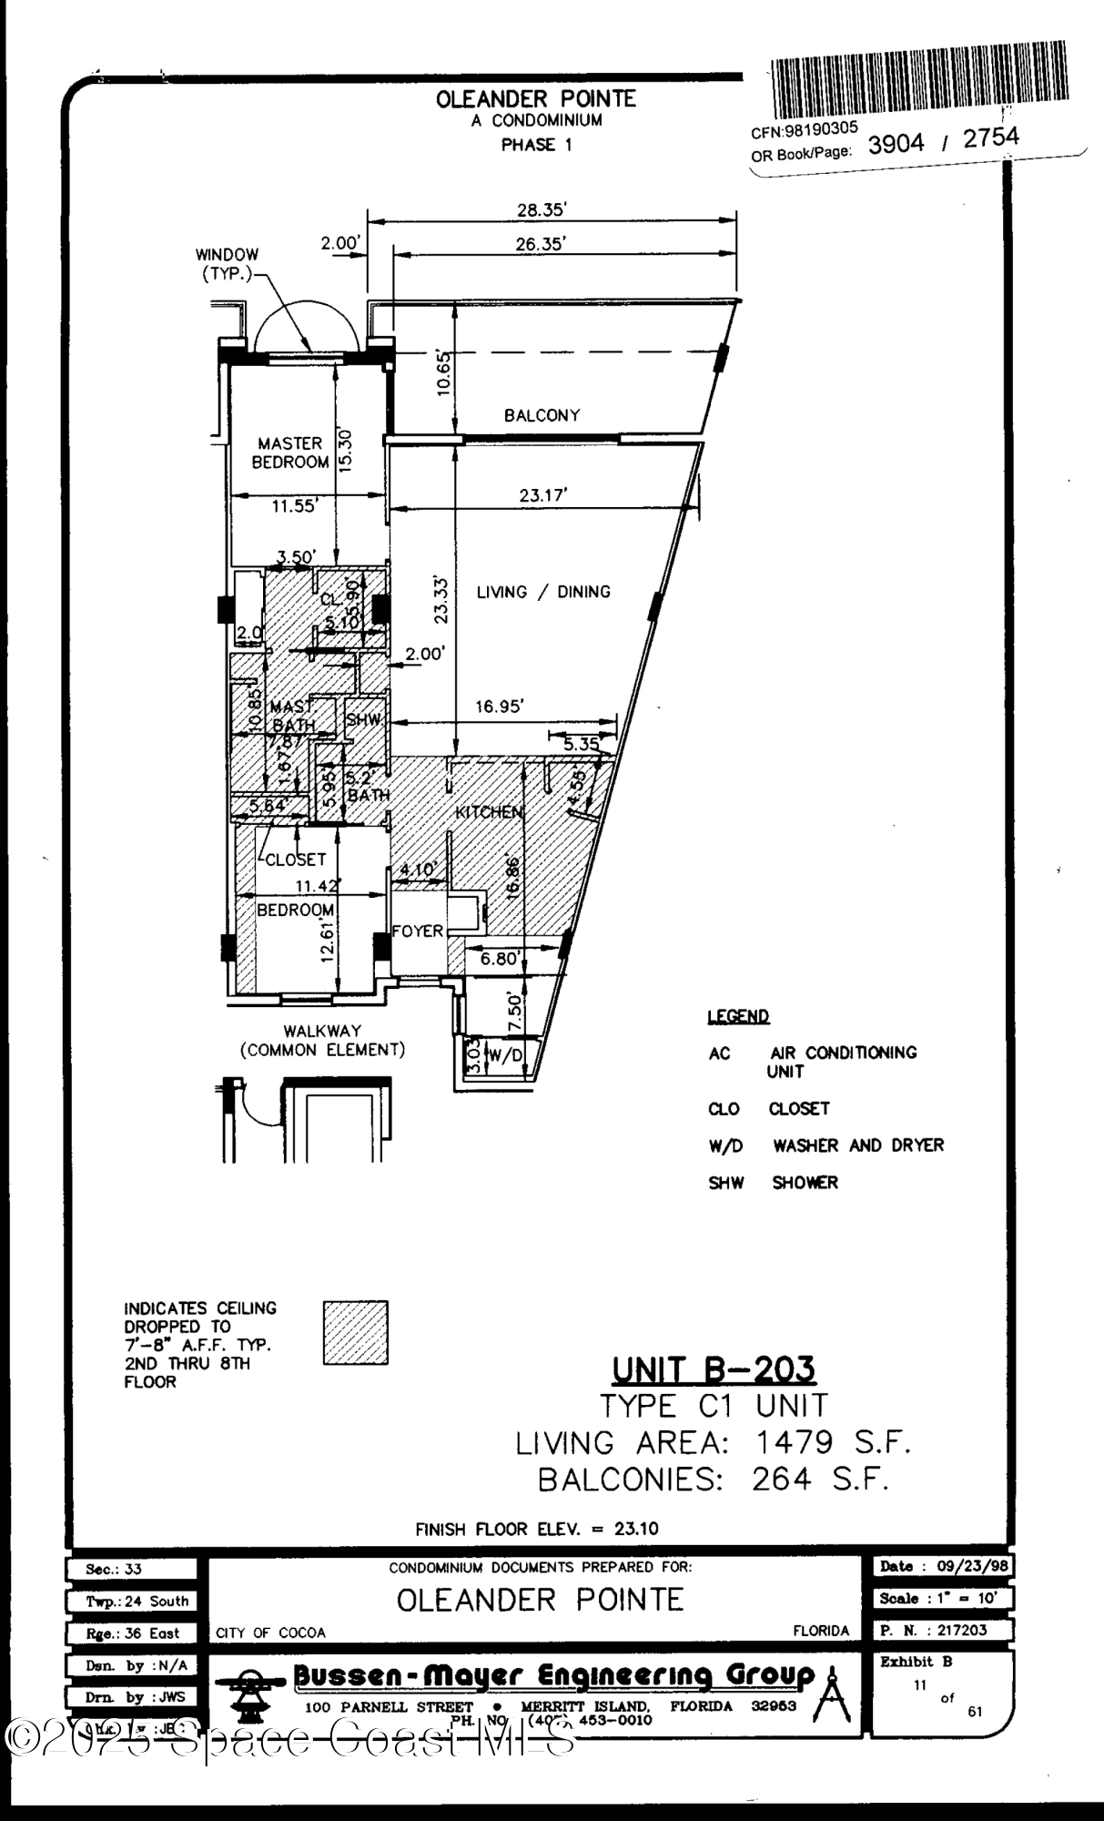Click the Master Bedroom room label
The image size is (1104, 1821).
tap(289, 453)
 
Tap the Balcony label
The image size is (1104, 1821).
tap(542, 415)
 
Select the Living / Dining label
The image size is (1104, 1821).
tap(543, 592)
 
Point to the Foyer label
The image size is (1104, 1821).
tap(418, 931)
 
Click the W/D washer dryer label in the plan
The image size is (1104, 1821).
tap(506, 1055)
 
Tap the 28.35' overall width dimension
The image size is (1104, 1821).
tap(542, 209)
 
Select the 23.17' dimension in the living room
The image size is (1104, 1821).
tap(543, 495)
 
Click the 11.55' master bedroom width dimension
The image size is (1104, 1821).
tap(293, 506)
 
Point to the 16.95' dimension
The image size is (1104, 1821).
tap(499, 707)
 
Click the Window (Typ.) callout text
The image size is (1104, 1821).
tap(227, 264)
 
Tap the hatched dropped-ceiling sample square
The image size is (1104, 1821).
tap(355, 1332)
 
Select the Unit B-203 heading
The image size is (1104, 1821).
tap(713, 1369)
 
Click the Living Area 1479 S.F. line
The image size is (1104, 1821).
tap(713, 1442)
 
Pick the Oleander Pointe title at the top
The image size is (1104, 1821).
tap(536, 99)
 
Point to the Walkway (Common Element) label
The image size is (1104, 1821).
tap(322, 1040)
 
